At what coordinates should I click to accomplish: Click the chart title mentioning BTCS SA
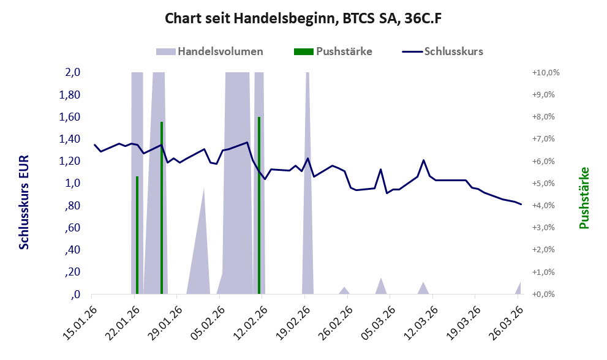pos(303,18)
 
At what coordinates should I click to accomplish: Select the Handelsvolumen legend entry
pos(209,51)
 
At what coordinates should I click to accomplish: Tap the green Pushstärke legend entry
pos(333,51)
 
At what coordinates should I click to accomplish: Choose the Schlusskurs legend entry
pos(442,51)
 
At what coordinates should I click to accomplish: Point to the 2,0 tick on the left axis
pos(72,72)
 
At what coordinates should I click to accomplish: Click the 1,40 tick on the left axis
pos(69,139)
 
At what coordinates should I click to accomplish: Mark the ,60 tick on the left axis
pos(72,228)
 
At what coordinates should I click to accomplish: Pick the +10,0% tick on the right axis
pos(546,73)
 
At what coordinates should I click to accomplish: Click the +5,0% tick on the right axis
pos(543,184)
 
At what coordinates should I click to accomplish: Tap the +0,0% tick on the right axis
pos(543,294)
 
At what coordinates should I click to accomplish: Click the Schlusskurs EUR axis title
pos(24,203)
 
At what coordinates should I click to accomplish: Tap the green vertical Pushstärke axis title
pos(584,198)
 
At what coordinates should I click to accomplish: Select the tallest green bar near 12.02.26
pos(259,206)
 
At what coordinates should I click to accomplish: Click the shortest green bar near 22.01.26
pos(137,235)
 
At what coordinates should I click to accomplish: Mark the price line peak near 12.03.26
pos(423,160)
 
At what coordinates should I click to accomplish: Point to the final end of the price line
pos(521,204)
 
